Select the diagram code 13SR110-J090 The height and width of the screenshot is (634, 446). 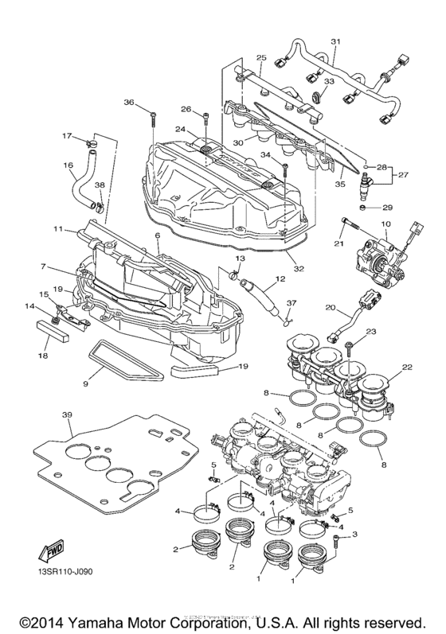(58, 571)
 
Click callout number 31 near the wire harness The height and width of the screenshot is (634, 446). (335, 41)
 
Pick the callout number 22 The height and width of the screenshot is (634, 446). (407, 367)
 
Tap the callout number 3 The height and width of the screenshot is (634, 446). (355, 535)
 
